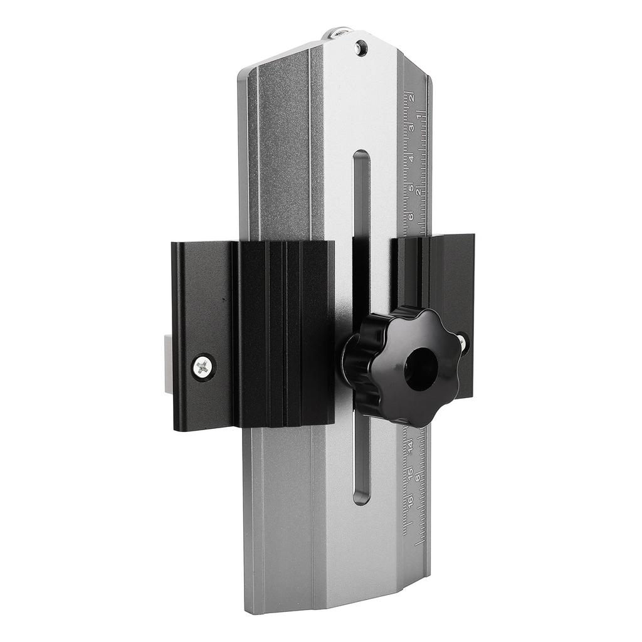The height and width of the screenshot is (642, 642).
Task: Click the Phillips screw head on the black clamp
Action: click(203, 367)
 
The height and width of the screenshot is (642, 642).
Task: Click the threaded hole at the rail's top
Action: click(360, 47)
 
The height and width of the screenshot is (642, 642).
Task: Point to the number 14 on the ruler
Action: click(410, 446)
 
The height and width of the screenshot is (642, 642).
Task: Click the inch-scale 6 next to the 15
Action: click(418, 478)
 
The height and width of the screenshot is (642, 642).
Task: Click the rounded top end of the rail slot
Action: click(362, 156)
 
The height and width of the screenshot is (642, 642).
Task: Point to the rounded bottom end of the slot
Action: click(361, 498)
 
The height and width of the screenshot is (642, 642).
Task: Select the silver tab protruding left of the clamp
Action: click(168, 364)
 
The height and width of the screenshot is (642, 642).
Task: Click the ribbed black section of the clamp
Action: click(282, 332)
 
